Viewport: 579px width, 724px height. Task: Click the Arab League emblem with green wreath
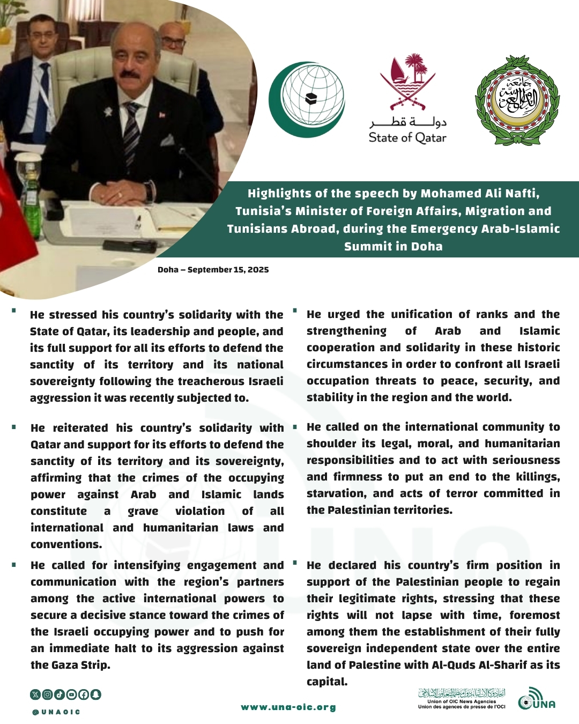click(517, 100)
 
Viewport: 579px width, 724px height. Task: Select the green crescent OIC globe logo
click(307, 99)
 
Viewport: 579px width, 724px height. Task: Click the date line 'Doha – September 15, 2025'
click(213, 270)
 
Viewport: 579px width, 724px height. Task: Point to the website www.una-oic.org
click(288, 707)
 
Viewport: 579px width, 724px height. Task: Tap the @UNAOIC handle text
click(56, 712)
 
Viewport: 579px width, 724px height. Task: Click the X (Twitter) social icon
click(35, 695)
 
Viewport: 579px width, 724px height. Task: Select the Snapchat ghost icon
click(95, 695)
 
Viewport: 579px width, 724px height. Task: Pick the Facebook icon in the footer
click(84, 695)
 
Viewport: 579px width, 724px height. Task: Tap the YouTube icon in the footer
click(71, 695)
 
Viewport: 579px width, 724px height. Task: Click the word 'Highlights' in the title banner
click(279, 194)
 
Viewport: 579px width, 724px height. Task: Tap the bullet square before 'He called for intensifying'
click(14, 564)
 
